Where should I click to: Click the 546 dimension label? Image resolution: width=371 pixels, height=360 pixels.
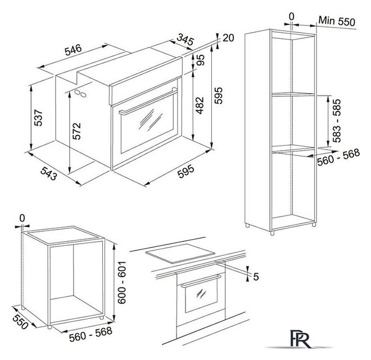point(73,49)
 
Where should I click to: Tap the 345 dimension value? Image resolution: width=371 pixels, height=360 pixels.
point(185,39)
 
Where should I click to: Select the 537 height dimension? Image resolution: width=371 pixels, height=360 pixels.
point(38,118)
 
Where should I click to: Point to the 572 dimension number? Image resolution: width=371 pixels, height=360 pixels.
point(76,131)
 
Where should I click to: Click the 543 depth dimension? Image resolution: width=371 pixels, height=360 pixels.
point(49,173)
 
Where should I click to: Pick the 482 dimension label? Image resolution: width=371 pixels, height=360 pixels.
point(200,105)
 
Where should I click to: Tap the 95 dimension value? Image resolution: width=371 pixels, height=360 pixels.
point(200,60)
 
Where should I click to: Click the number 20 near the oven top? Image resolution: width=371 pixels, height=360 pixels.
point(228,38)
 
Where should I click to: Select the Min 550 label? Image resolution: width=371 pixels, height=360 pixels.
point(337,21)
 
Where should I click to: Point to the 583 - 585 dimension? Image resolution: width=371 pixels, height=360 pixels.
point(337,120)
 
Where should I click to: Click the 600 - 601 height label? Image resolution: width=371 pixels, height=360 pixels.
point(122,282)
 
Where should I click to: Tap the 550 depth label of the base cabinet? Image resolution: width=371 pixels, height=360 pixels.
point(20,322)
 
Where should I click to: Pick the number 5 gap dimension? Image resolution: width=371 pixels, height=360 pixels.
point(256,276)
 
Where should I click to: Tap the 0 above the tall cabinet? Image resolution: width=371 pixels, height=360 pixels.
point(292,16)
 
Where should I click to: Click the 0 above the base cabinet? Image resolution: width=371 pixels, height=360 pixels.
point(22,218)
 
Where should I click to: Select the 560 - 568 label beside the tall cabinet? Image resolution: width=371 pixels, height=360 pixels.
point(338,157)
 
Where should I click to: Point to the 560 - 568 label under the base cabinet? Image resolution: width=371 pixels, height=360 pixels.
point(91,334)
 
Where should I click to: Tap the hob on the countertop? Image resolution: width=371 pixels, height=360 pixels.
point(180,253)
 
